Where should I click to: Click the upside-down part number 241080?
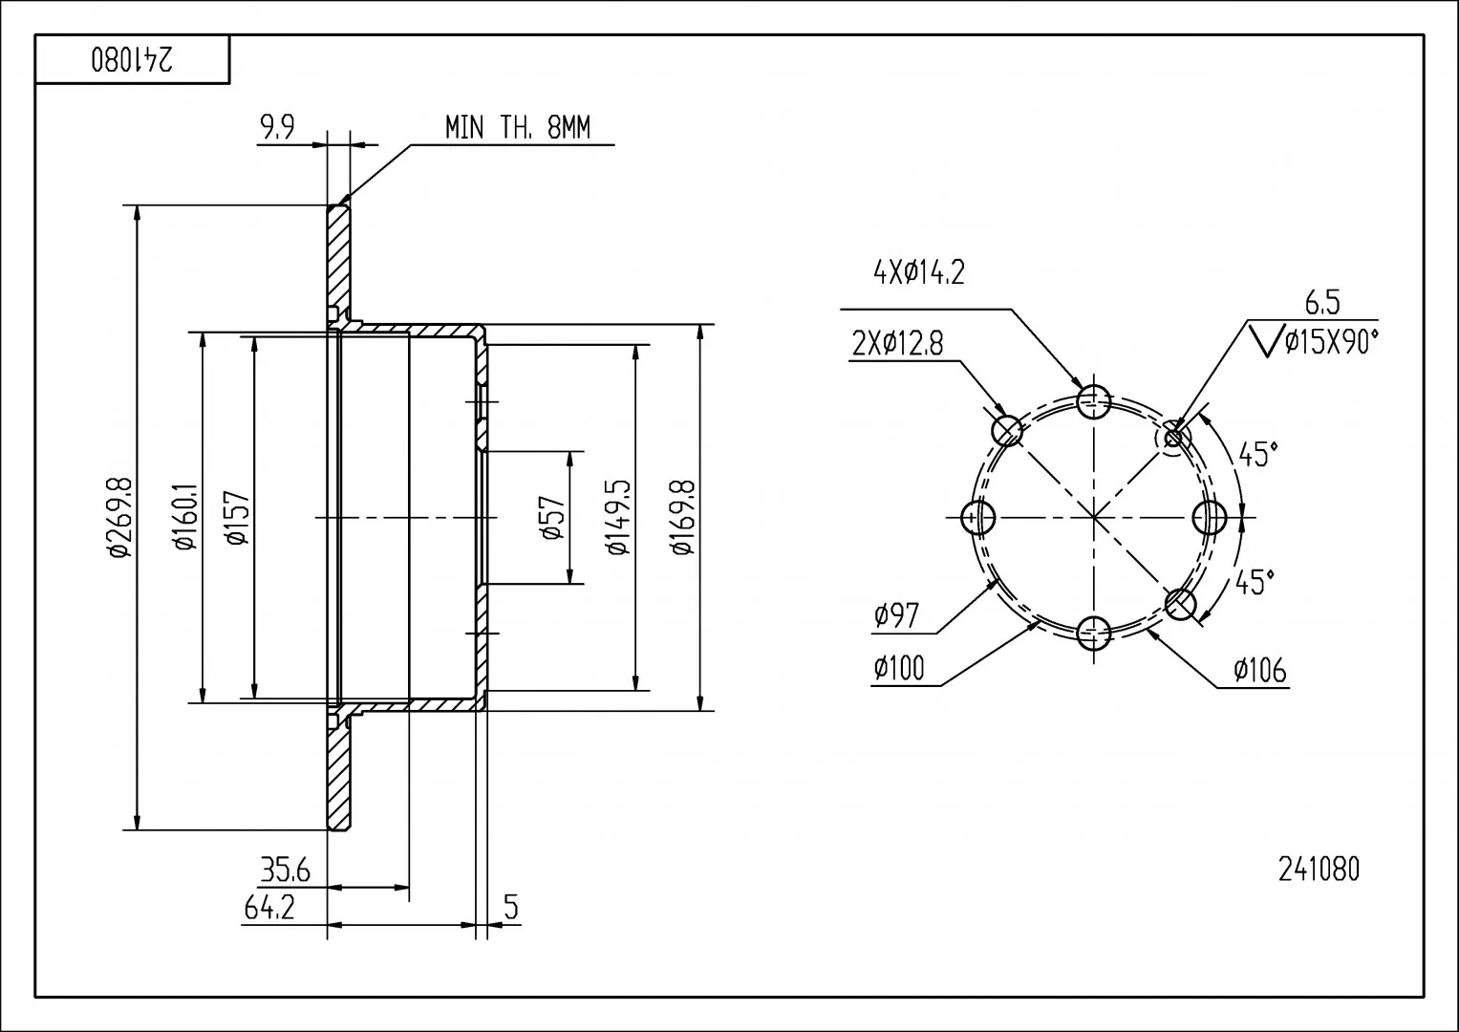coord(132,60)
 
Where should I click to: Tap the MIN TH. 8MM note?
coord(518,127)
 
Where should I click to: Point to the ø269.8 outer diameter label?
coord(120,517)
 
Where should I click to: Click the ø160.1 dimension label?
coord(185,516)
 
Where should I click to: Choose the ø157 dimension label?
coord(236,518)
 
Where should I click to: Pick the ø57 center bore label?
coord(552,517)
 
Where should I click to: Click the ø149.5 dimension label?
coord(618,517)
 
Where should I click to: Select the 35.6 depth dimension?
coord(286,871)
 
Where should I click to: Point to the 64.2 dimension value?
coord(269,907)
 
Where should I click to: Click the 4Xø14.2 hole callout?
coord(918,272)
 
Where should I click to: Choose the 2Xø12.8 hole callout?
coord(897,343)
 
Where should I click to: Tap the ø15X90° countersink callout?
coord(1331,341)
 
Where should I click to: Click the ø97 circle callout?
coord(896,615)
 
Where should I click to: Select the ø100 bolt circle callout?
coord(899,668)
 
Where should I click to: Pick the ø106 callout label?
coord(1260,671)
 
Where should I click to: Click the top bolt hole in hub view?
coord(1094,402)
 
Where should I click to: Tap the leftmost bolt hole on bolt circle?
coord(979,518)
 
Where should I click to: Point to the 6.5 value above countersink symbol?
coord(1322,303)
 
